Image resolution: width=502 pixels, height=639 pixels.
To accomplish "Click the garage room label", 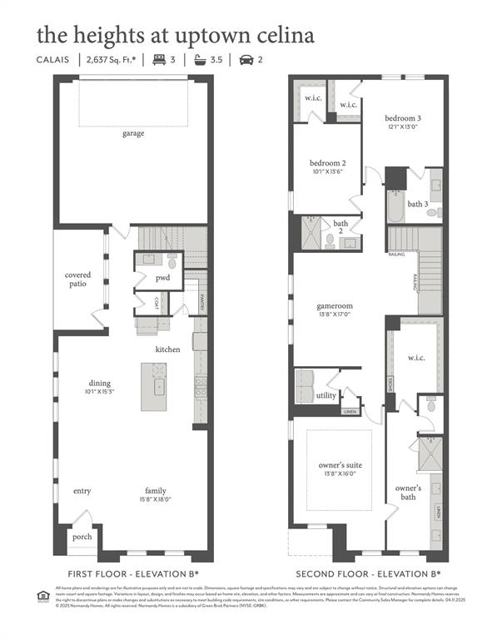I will point(133,133).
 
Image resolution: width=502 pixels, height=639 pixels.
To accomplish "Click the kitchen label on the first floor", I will point(167,349).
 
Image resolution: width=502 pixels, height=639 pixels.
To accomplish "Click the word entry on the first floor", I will point(82,491).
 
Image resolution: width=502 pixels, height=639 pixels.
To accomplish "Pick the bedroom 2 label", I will point(327,162).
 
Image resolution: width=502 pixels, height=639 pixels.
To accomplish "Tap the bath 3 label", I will point(417,204).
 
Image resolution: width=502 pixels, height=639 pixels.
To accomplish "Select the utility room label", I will point(326,396).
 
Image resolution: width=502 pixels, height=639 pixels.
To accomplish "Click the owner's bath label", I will point(408,493).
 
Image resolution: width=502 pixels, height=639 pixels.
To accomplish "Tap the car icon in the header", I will point(246,60).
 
